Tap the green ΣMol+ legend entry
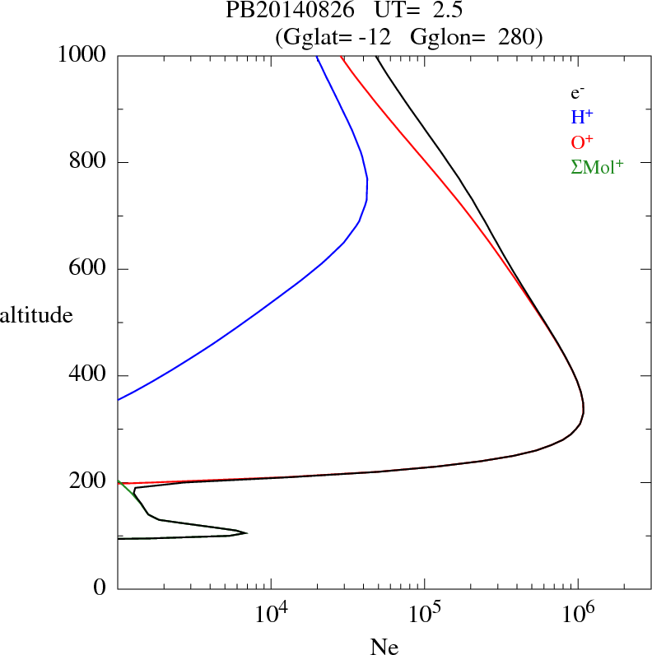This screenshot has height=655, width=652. pyautogui.click(x=597, y=167)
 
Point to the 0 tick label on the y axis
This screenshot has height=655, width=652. pyautogui.click(x=100, y=588)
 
